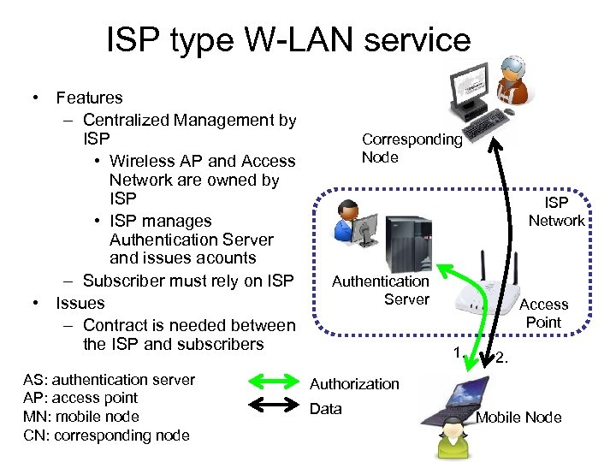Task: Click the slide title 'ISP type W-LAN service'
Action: coord(288,40)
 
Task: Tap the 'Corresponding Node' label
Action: coord(412,148)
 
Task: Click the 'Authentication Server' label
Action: coord(381,289)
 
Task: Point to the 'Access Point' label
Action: coord(543,313)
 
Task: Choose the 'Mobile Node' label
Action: coord(518,418)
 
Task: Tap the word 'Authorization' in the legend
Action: coord(354,384)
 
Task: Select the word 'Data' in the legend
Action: coord(326,409)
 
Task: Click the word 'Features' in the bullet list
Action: coord(89,98)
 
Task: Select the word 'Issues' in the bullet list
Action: coord(80,303)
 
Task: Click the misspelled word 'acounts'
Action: coord(226,258)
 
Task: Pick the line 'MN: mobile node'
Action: coord(81,417)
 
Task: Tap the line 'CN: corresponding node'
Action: coord(106,435)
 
